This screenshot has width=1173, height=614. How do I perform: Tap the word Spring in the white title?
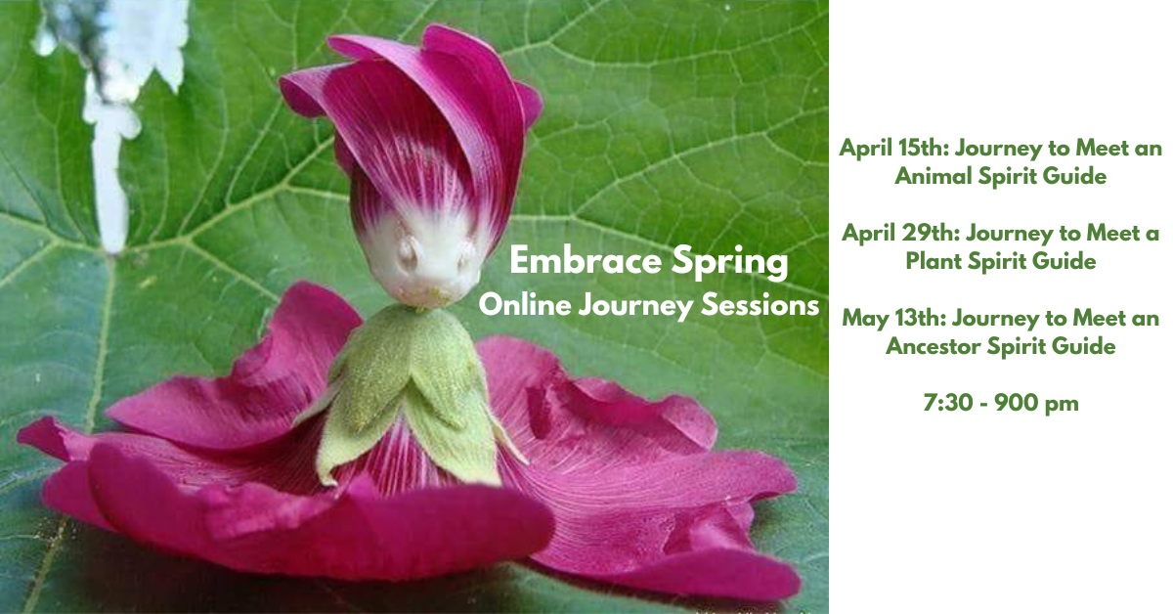(730, 263)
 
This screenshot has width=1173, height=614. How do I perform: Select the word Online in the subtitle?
(525, 305)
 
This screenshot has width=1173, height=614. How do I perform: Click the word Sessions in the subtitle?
(760, 305)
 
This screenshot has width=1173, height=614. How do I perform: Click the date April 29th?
(900, 234)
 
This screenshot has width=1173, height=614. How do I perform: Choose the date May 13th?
(893, 319)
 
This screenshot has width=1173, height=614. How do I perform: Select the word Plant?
(934, 261)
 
